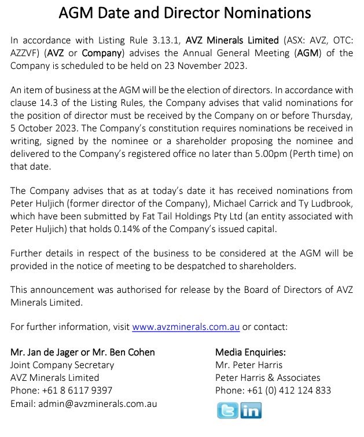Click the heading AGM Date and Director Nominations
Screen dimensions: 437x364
click(x=185, y=13)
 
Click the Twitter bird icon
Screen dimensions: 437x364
click(x=227, y=410)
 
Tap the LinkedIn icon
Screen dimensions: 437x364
click(x=251, y=410)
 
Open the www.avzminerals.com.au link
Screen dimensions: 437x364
click(x=186, y=326)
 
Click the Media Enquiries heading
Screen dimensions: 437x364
click(x=251, y=352)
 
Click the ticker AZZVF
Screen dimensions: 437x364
click(x=26, y=53)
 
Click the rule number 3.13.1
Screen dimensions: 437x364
click(x=165, y=41)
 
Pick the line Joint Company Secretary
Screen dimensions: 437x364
click(x=62, y=365)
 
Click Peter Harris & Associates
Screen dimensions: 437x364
click(x=267, y=377)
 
